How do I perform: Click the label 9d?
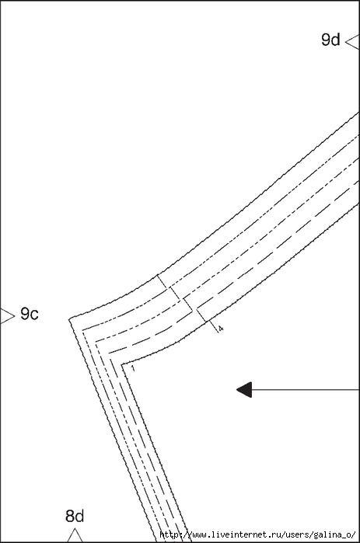coord(330,40)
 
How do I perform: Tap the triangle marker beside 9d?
coord(353,42)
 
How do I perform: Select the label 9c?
coord(30,314)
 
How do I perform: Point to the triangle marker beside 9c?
coord(7,316)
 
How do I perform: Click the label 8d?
coord(75,516)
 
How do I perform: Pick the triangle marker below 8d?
coord(75,535)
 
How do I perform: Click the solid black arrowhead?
coord(244,390)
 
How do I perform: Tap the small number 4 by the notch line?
coord(221,328)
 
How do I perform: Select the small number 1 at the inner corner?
coord(133,368)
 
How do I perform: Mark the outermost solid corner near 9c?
coord(69,318)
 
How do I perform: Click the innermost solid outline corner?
coord(121,364)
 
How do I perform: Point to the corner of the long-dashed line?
coord(109,353)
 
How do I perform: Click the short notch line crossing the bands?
coord(188,304)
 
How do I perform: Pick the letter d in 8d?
coord(79,516)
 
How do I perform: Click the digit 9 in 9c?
coord(25,313)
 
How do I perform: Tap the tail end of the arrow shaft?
coord(359,390)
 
